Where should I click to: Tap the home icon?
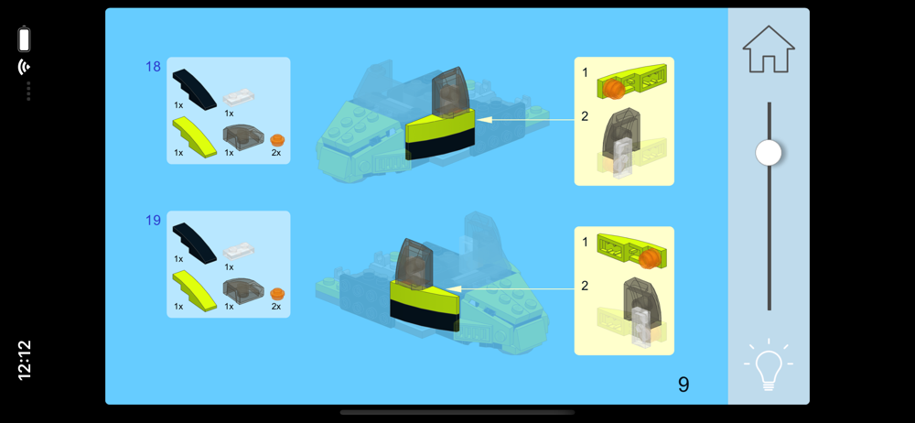point(769,49)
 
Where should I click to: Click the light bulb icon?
point(769,365)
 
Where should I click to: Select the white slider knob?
point(769,153)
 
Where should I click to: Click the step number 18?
point(153,67)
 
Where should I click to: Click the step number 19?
point(153,221)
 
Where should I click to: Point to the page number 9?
point(684,384)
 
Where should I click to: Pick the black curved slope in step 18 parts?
point(194,88)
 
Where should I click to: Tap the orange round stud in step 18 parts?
point(277,140)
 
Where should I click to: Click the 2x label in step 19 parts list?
point(276,307)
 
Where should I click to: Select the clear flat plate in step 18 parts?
point(240,98)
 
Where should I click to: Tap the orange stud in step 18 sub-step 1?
point(613,90)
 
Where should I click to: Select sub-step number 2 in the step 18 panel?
point(585,116)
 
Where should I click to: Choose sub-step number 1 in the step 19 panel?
point(585,242)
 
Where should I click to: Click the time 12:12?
point(25,360)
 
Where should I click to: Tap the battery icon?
point(25,38)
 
